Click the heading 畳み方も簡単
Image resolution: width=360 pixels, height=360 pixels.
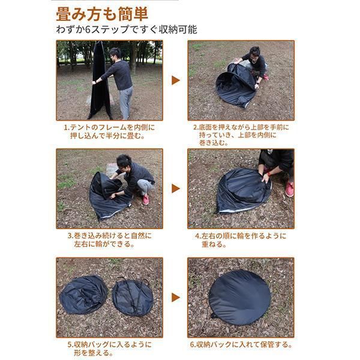coord(102,14)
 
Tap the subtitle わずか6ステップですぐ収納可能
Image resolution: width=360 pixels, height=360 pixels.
coord(127,29)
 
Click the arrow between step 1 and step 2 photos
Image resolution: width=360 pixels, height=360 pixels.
coord(176,80)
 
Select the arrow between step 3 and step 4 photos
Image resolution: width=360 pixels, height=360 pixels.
coord(176,188)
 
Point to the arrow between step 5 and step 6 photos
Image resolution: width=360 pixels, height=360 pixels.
coord(176,298)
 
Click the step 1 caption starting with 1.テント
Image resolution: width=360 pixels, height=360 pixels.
coord(109,131)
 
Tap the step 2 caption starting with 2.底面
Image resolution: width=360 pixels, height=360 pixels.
coord(241,135)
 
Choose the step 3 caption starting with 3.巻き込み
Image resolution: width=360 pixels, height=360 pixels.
coord(110,239)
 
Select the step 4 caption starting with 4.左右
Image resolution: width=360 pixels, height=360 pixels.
coord(241,239)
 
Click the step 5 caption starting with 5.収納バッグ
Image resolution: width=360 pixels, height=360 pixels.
coord(110,348)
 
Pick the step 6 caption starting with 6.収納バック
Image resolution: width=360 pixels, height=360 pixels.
coord(241,344)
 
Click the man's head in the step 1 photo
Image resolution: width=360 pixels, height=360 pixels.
coord(115,54)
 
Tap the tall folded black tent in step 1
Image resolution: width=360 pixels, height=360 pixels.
coord(100,80)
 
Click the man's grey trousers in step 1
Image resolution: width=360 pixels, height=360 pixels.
coord(126,103)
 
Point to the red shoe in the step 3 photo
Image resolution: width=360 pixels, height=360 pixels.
coord(146,199)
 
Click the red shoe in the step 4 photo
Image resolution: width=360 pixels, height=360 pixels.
coord(289,189)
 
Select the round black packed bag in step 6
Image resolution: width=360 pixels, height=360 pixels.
coord(240,298)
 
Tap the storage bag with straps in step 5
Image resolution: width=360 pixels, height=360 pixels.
coord(133,296)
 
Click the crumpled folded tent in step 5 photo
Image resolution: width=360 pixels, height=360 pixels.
coord(83,295)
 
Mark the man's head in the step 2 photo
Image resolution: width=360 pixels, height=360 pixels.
coord(254,53)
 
